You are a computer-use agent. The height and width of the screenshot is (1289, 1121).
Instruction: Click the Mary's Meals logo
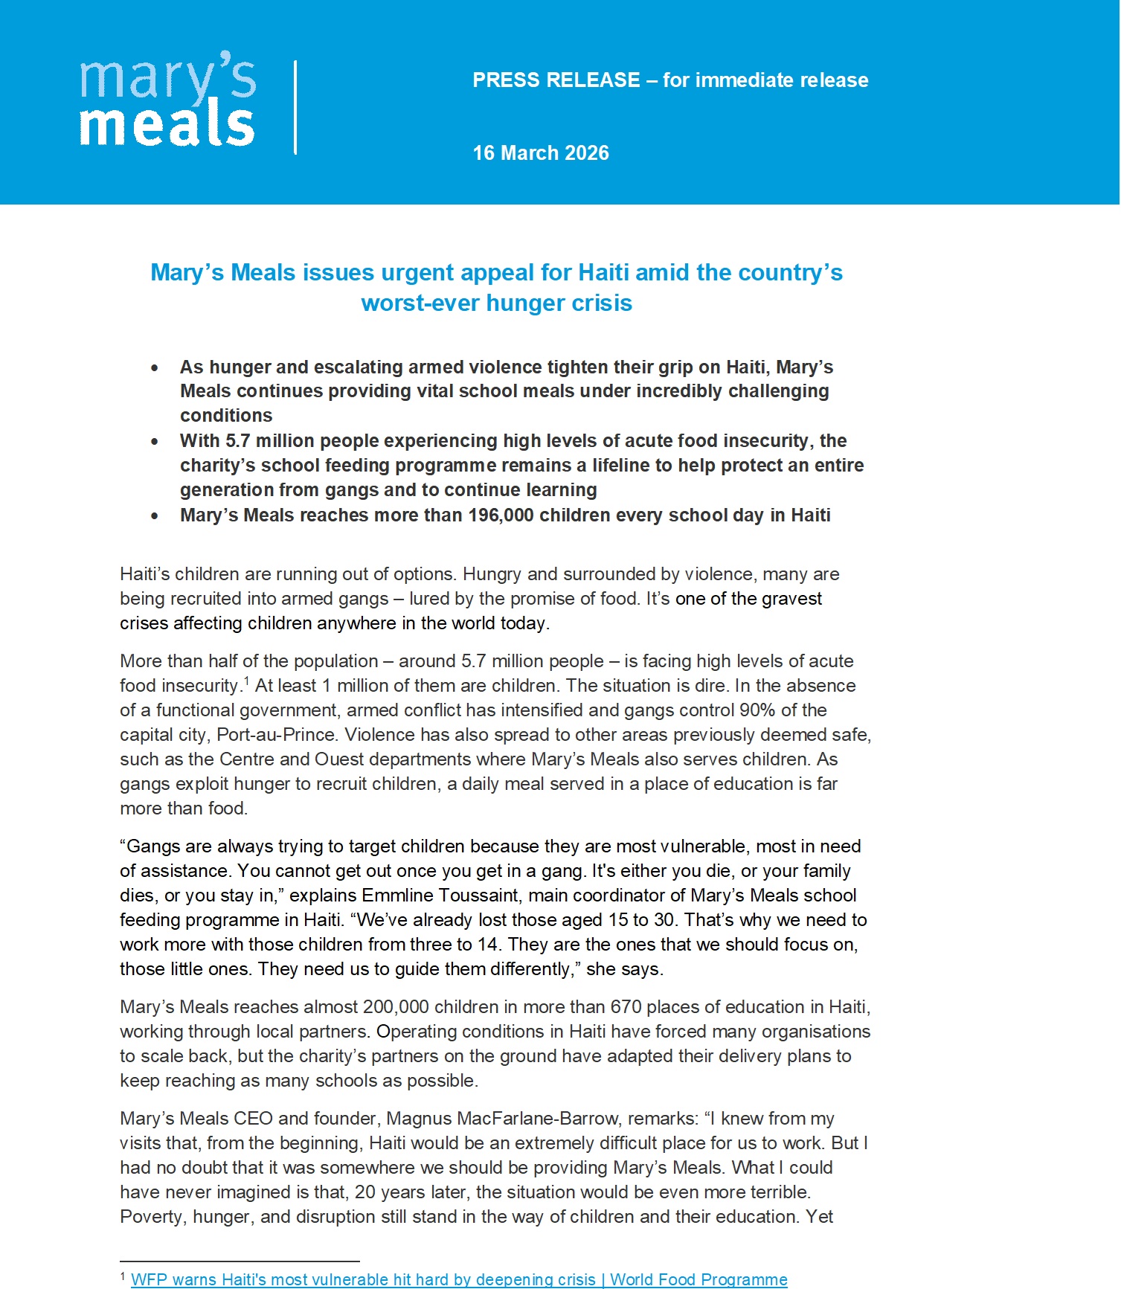coord(167,100)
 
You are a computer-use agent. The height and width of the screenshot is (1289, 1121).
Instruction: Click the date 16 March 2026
coord(541,153)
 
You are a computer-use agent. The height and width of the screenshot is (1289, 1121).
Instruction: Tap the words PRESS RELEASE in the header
coord(556,80)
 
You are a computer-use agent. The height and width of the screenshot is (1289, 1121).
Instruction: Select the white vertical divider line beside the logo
coord(296,107)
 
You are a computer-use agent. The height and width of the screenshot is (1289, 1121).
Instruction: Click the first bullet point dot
coord(155,368)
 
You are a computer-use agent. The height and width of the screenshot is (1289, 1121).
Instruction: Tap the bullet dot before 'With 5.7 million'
coord(155,442)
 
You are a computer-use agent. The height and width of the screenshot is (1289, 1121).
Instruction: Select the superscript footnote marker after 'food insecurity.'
coord(246,680)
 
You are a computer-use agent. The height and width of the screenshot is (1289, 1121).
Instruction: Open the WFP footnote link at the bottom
coord(459,1279)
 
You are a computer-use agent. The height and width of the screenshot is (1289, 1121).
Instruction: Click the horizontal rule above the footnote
coord(240,1261)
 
